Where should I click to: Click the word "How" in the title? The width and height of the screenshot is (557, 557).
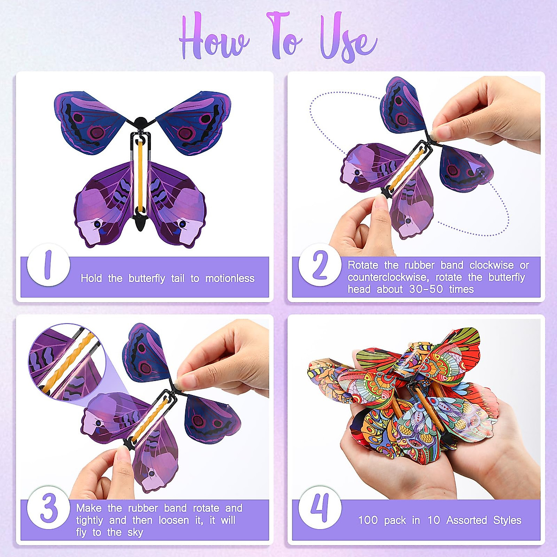pos(214,39)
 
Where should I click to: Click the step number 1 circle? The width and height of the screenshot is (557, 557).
pos(48,265)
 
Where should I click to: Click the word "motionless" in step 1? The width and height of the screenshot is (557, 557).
pos(230,278)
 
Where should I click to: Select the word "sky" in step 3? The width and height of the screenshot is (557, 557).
pos(135,532)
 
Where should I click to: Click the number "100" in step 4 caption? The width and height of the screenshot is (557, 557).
pos(368,520)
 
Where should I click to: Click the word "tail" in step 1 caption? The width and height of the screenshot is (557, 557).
pos(178,278)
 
